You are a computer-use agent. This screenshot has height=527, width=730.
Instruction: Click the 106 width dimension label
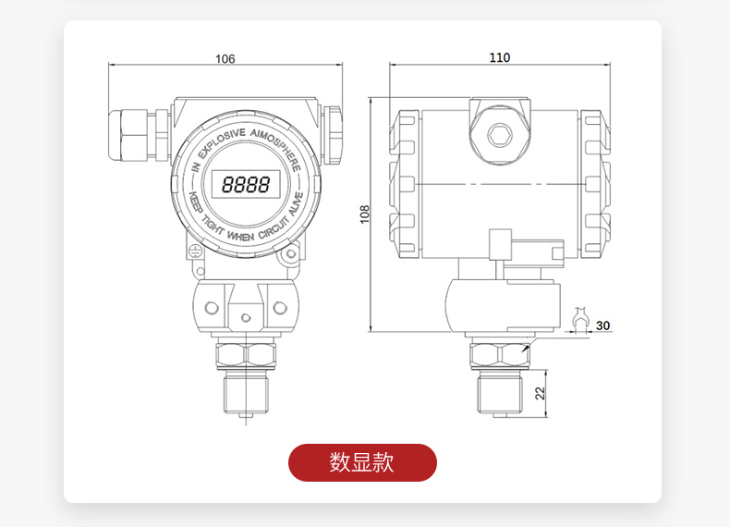tap(225, 59)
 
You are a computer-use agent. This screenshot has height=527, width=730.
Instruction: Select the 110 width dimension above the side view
tap(499, 57)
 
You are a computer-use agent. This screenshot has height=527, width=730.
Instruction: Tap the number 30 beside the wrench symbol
tap(603, 325)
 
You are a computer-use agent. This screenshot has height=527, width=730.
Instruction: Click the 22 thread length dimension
tap(541, 393)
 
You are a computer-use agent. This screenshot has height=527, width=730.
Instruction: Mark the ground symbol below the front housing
tap(195, 249)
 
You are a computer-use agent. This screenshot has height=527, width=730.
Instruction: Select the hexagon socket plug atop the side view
tap(500, 134)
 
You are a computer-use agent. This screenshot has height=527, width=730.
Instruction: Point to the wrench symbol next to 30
tap(582, 320)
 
